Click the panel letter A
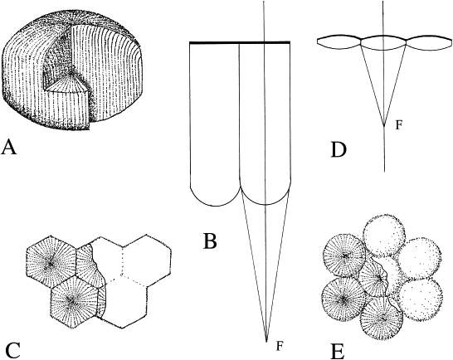9,147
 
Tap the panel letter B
210,241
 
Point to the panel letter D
339,150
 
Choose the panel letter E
338,351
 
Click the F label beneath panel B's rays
279,346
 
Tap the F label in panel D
399,124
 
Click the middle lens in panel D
383,43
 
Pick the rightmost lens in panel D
429,44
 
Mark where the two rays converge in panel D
384,126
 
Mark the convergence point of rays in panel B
266,342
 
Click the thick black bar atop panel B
240,43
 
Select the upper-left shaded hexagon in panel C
51,263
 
